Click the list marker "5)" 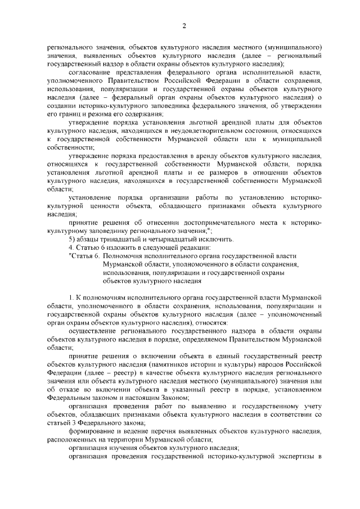pyautogui.click(x=73, y=238)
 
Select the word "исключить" pyautogui.click(x=218, y=238)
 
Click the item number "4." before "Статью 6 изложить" pyautogui.click(x=71, y=247)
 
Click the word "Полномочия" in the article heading pyautogui.click(x=124, y=255)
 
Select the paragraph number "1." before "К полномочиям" pyautogui.click(x=71, y=296)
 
